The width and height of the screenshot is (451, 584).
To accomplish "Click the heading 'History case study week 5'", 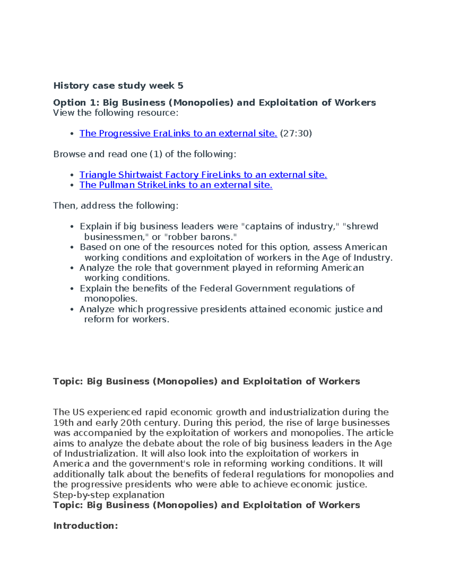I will [118, 86].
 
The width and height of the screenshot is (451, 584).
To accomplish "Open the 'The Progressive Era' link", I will [178, 133].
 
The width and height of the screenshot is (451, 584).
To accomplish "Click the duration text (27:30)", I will [296, 133].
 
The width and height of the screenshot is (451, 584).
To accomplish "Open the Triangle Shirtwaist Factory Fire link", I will [203, 175].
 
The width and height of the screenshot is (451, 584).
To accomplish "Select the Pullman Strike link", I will [176, 185].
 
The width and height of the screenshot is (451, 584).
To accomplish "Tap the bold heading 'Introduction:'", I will [86, 526].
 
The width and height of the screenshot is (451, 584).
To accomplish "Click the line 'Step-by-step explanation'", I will [109, 495].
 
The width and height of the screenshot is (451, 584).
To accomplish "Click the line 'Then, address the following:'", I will [116, 206].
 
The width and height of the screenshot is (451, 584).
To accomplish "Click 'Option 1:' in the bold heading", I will [76, 103].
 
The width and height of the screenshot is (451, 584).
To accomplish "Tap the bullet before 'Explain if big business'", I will [72, 227].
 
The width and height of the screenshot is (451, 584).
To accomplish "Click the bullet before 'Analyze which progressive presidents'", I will [72, 309].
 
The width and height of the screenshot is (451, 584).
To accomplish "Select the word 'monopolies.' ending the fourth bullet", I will [110, 299].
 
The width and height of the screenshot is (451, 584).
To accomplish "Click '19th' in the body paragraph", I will [63, 423].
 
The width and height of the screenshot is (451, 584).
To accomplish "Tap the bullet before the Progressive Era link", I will [72, 134].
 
